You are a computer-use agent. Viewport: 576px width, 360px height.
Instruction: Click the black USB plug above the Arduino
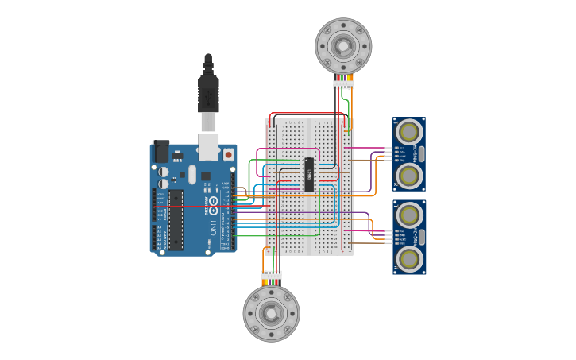[x=208, y=94]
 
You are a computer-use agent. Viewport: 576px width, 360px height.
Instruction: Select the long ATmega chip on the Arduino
[x=176, y=219]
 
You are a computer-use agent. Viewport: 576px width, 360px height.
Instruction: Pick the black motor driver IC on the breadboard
[x=309, y=174]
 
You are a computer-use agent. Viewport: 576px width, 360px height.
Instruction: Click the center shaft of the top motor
[x=343, y=46]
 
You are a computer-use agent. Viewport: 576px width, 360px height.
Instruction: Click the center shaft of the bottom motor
[x=271, y=313]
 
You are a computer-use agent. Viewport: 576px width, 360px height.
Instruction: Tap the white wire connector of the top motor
[x=343, y=84]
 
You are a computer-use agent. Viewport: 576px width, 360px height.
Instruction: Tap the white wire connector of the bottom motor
[x=271, y=276]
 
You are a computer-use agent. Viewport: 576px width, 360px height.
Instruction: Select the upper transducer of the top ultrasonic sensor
[x=409, y=131]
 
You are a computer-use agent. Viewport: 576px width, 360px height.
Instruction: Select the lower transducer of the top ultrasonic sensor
[x=409, y=175]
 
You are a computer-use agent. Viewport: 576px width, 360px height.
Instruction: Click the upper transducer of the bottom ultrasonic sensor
[x=409, y=214]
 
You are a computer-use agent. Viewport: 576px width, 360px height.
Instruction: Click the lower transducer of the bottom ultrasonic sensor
[x=409, y=258]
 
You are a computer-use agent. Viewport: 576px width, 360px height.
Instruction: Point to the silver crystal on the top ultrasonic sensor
[x=421, y=153]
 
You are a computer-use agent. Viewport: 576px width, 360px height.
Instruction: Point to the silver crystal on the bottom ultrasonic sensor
[x=421, y=236]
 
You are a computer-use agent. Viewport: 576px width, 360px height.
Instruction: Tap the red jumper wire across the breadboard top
[x=306, y=114]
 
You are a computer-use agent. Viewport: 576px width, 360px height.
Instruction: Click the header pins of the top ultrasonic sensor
[x=389, y=153]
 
